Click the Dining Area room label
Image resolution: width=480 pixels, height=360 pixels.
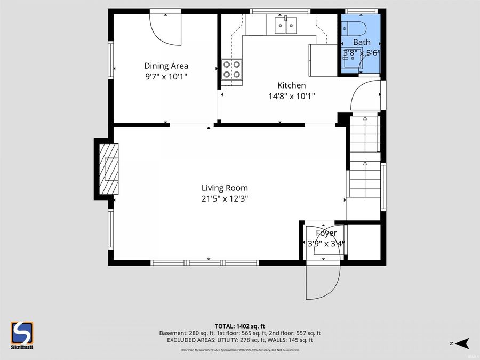point(166,66)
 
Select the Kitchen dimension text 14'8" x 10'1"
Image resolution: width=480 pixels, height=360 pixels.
point(291,97)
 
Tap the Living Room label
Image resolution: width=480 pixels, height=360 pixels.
point(225,188)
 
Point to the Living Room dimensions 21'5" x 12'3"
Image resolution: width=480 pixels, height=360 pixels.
point(225,198)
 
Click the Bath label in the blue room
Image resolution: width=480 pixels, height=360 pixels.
point(361,42)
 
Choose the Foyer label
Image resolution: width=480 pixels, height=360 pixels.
point(326,233)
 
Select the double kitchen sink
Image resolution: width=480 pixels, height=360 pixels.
point(286,25)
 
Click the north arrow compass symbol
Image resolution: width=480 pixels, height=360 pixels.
point(463,342)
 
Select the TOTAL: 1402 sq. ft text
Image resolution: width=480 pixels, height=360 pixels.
point(239,325)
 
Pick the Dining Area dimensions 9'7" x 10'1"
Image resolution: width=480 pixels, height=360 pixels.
point(166,77)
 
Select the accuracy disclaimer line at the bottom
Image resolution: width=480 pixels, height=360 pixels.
point(239,350)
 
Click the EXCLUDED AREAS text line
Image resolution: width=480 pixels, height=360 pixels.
point(239,340)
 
